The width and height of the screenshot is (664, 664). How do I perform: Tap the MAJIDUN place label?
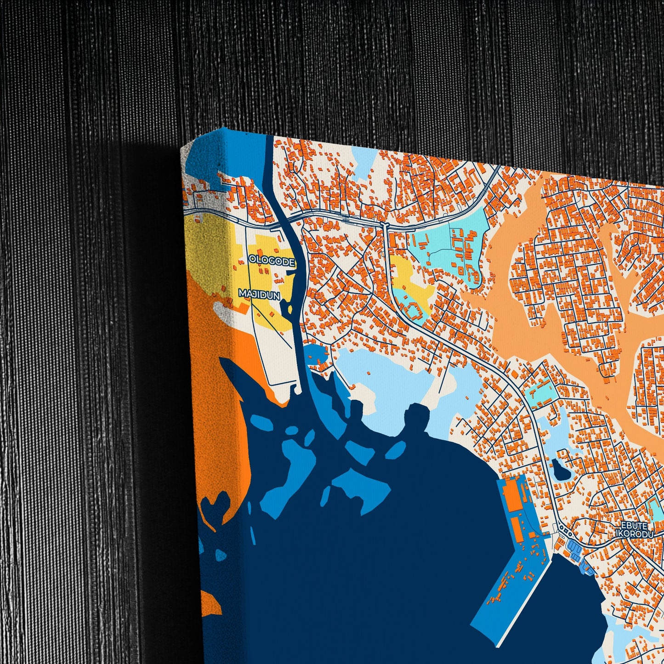(x=259, y=295)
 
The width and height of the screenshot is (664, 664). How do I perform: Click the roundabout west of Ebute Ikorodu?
(x=567, y=533)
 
